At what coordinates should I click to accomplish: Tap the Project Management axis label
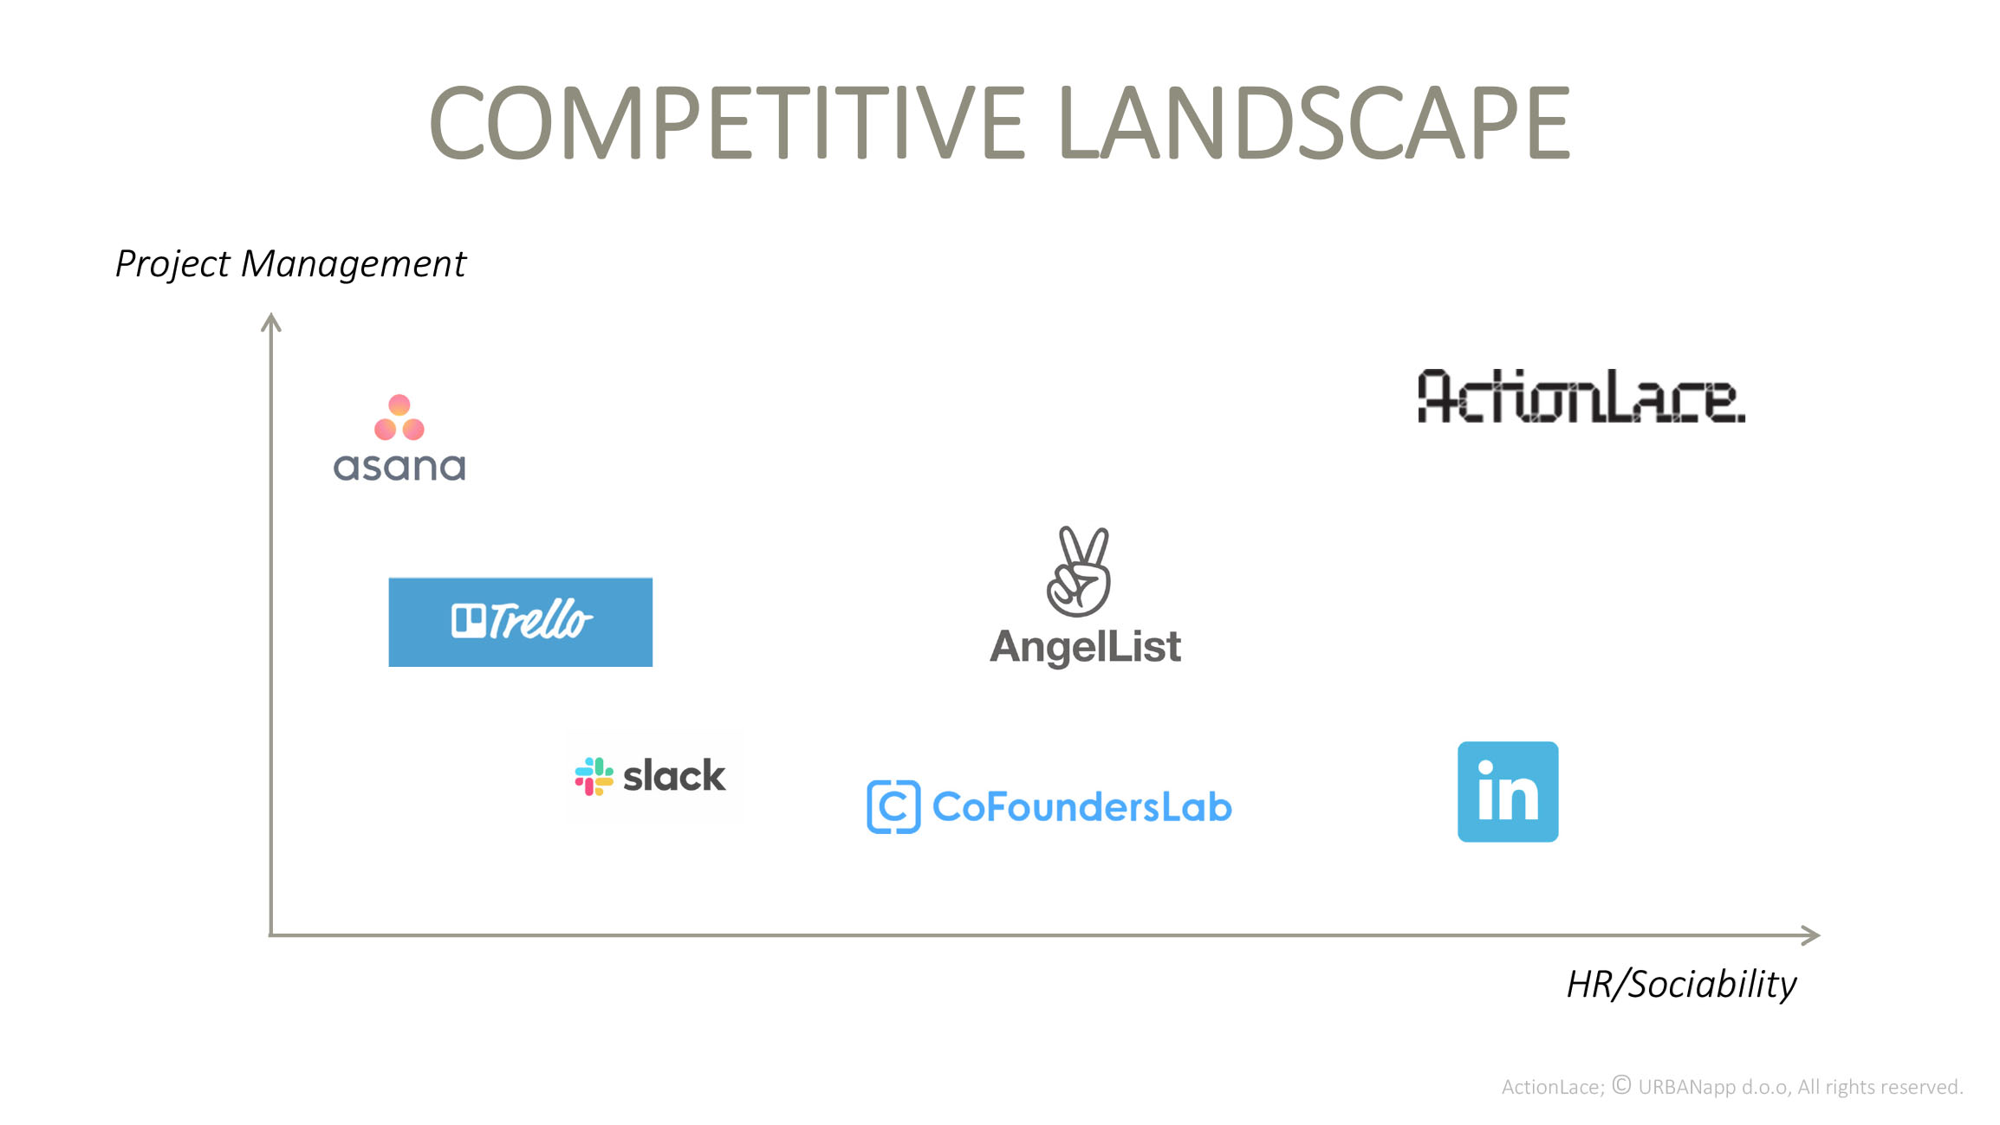[290, 264]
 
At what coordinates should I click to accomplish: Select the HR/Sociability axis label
[1681, 985]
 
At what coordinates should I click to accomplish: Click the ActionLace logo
[1581, 397]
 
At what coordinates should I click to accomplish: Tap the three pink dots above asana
[399, 417]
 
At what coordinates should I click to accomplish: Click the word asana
[399, 468]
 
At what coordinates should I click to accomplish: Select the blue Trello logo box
[520, 622]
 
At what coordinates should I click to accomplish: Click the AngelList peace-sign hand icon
[1079, 572]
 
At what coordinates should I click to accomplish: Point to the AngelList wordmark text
[1085, 647]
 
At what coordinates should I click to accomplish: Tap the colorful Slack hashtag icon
[594, 776]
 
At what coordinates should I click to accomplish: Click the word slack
[674, 776]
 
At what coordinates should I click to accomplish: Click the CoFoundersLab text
[1081, 807]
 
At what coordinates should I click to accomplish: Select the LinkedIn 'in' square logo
[1508, 792]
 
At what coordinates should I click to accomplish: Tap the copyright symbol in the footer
[1621, 1085]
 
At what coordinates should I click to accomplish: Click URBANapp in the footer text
[1686, 1088]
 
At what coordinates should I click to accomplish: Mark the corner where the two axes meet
[271, 935]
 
